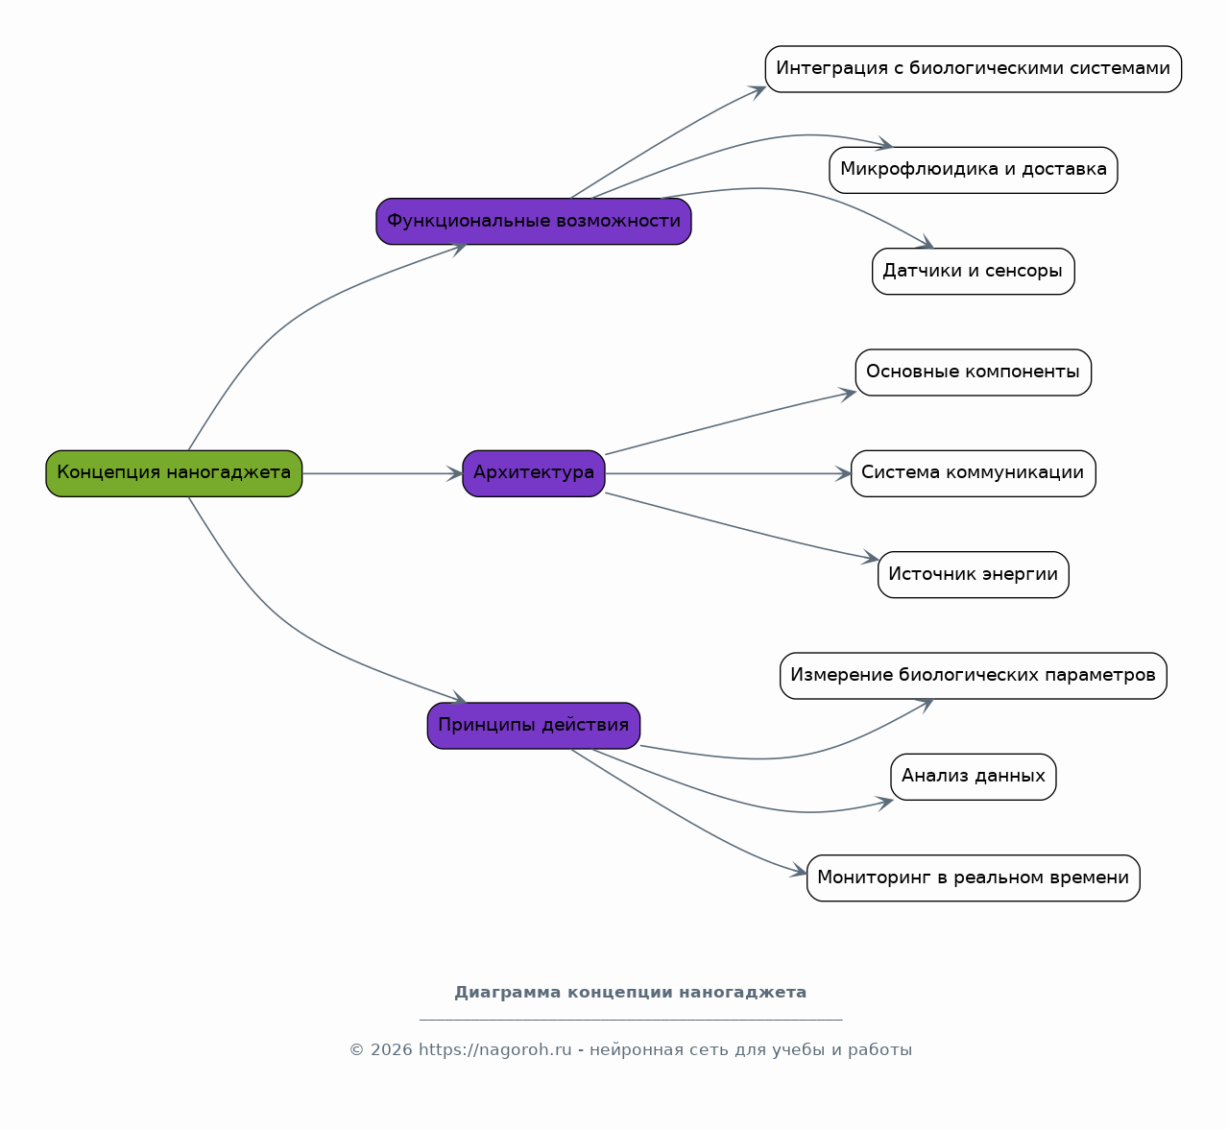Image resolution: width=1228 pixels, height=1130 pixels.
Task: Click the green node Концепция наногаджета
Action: pyautogui.click(x=174, y=473)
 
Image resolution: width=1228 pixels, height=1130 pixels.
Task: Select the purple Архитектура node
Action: pyautogui.click(x=534, y=473)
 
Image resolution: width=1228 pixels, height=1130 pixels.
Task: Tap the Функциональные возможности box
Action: pyautogui.click(x=534, y=222)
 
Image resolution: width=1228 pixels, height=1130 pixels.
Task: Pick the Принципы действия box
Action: pyautogui.click(x=534, y=726)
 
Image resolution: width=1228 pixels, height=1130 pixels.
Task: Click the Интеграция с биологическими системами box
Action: pyautogui.click(x=974, y=69)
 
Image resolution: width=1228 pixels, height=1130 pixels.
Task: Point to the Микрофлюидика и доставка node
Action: pyautogui.click(x=974, y=170)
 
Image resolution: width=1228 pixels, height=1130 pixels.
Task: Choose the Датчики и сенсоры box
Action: pyautogui.click(x=974, y=271)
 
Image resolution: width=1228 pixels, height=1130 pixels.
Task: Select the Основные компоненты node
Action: pyautogui.click(x=974, y=373)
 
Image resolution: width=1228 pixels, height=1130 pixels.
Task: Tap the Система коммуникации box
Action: pyautogui.click(x=974, y=473)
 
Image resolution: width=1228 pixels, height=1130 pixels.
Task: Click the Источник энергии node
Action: pyautogui.click(x=974, y=575)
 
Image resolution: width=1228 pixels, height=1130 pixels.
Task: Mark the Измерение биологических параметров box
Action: pyautogui.click(x=974, y=676)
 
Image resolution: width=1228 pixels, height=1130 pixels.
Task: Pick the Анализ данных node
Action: pyautogui.click(x=974, y=777)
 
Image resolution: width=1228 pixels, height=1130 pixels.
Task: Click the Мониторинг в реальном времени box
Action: pyautogui.click(x=974, y=878)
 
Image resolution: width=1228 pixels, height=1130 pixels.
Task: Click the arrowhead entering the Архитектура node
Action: pyautogui.click(x=455, y=473)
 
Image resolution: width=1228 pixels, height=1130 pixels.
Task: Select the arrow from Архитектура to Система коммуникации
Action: pyautogui.click(x=729, y=473)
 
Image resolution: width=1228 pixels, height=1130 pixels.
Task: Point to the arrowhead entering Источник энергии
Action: pyautogui.click(x=871, y=558)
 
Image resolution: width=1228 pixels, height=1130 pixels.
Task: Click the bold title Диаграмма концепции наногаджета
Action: pyautogui.click(x=631, y=993)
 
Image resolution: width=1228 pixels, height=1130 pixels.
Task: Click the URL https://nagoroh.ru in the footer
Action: pyautogui.click(x=494, y=1049)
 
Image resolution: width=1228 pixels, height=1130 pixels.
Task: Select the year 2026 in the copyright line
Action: pyautogui.click(x=391, y=1049)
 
